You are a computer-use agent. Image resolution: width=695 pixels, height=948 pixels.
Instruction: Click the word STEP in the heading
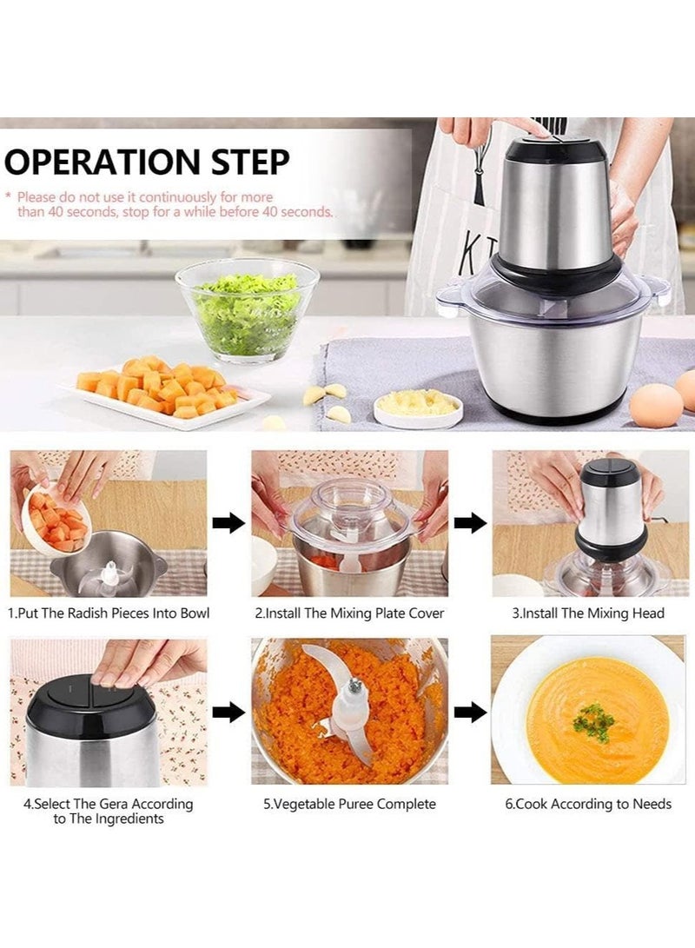[247, 163]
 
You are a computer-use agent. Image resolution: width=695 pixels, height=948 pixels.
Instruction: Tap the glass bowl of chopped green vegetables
[247, 308]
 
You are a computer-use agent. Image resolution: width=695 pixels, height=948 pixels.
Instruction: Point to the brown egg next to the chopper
[656, 404]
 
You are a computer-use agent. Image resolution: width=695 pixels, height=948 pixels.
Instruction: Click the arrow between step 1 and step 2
[228, 522]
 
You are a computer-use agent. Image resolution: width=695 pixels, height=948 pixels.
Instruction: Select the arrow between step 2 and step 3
[470, 522]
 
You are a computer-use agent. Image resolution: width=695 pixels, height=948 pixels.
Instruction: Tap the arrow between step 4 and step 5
[228, 713]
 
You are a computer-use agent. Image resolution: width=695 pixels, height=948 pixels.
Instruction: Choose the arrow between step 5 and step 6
[470, 713]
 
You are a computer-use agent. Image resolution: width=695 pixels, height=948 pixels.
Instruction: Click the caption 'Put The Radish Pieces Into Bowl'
[109, 613]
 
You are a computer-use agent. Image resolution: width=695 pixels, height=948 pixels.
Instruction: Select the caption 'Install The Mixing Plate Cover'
[349, 613]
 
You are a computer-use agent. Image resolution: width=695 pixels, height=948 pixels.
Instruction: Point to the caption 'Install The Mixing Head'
[588, 613]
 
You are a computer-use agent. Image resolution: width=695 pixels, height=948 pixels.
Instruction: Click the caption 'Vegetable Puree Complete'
[349, 804]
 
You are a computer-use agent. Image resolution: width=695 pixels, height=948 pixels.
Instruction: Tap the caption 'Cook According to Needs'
[588, 804]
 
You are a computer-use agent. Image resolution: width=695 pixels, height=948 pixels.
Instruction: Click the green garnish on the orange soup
[594, 721]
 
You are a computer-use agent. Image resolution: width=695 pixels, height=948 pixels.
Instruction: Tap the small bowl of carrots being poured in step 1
[57, 519]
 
